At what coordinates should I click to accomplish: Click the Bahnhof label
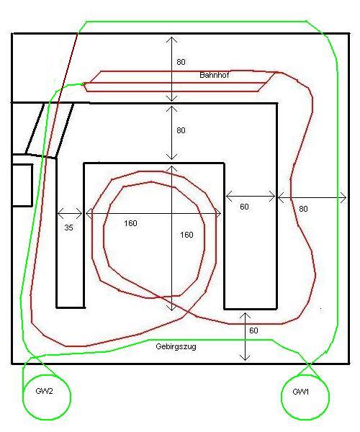tap(214, 75)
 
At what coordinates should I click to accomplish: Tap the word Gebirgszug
tap(176, 346)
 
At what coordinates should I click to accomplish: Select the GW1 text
tap(300, 392)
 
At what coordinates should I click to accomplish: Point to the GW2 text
tap(44, 391)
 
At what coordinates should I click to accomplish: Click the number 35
tap(69, 228)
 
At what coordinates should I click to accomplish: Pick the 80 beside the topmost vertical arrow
tap(181, 62)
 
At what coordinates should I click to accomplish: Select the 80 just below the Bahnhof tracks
tap(181, 130)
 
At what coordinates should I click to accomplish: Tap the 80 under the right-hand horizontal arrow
tap(303, 209)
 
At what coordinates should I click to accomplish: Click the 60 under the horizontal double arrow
tap(244, 207)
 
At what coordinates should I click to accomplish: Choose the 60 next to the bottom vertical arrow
tap(253, 330)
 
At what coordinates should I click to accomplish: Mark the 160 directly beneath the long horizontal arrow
tap(130, 223)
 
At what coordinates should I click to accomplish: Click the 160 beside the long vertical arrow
tap(186, 235)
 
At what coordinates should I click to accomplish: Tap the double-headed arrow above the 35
tap(70, 213)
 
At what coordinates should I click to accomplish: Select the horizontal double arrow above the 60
tap(251, 197)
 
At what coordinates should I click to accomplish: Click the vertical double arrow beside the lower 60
tap(245, 336)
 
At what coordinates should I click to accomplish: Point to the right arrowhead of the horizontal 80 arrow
tap(343, 197)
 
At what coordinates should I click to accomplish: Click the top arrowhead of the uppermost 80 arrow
tap(172, 40)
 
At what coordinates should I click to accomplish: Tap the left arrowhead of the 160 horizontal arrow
tap(89, 213)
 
